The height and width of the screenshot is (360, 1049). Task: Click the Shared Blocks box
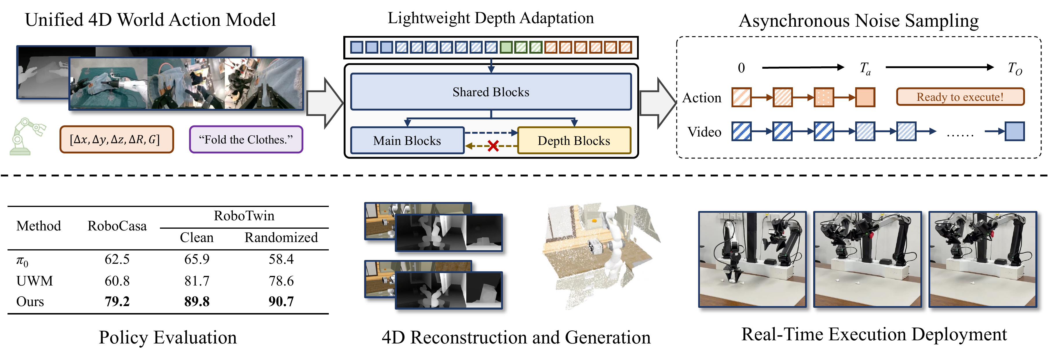[x=491, y=92]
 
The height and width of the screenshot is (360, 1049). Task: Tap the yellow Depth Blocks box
[x=574, y=141]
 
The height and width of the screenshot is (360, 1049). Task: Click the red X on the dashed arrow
[x=493, y=146]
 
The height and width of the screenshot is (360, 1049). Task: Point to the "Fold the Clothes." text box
[x=246, y=140]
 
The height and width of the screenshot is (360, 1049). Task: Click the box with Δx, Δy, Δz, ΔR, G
[x=116, y=140]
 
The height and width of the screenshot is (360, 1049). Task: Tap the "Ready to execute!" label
[x=960, y=97]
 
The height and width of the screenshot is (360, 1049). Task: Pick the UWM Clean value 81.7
[x=197, y=281]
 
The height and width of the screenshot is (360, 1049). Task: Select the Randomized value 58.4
[x=281, y=259]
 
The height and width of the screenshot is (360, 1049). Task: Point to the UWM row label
[x=34, y=281]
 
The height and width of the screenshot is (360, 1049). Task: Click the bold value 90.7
[x=281, y=301]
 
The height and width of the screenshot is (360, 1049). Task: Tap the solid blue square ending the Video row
[x=1015, y=131]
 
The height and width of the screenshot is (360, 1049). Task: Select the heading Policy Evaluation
[x=168, y=337]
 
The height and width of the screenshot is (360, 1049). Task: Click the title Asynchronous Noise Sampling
[x=858, y=20]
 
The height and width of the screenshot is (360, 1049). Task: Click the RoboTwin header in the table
[x=244, y=215]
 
